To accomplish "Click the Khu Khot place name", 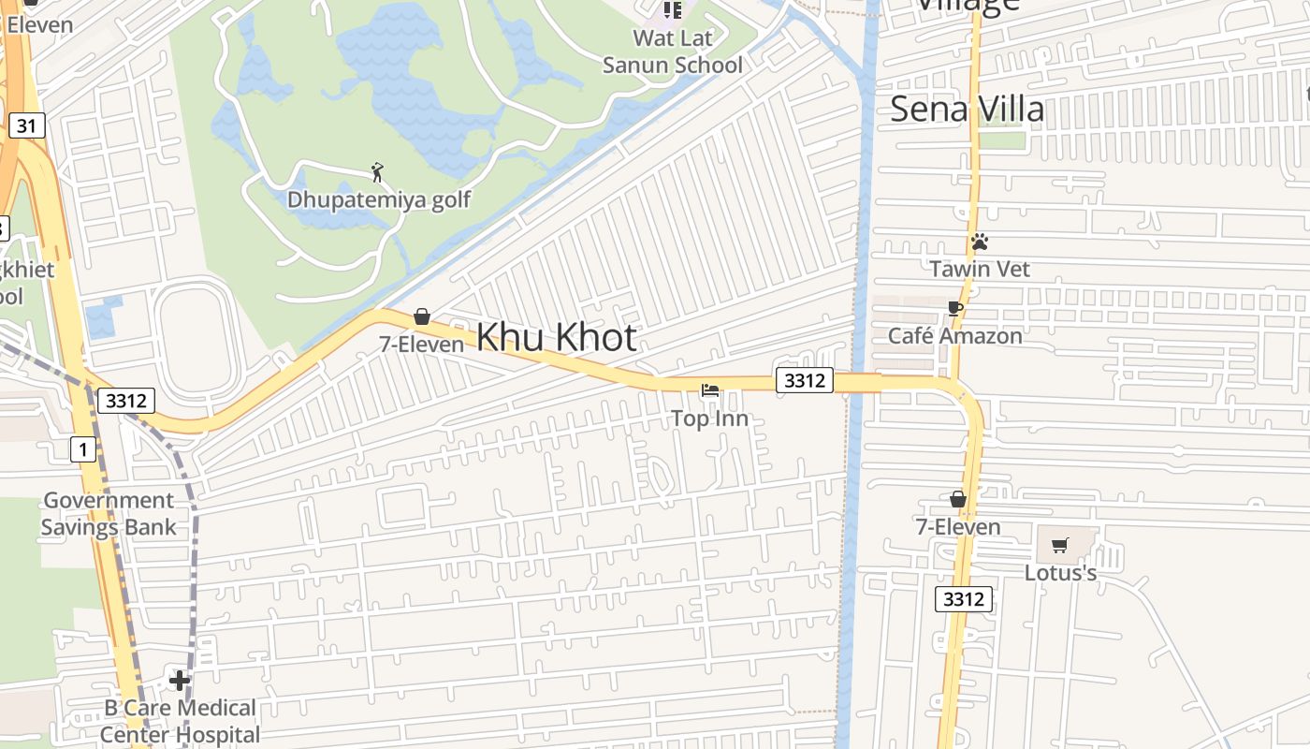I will (x=557, y=338).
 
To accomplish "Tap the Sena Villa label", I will (x=967, y=109).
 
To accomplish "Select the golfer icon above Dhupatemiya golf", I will (x=377, y=172).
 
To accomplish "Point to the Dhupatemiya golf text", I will (x=378, y=199).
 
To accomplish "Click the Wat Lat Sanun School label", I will (x=673, y=51).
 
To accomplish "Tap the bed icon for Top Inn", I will (x=710, y=390).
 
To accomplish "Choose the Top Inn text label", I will (x=710, y=419).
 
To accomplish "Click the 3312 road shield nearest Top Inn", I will (x=805, y=380).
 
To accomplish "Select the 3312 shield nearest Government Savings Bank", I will (x=125, y=401).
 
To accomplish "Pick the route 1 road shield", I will (x=83, y=449).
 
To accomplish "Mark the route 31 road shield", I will (x=28, y=125).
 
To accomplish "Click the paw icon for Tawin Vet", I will (x=980, y=242).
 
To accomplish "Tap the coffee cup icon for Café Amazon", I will (x=955, y=308).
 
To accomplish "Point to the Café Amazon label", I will (x=955, y=335).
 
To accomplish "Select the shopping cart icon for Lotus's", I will (x=1060, y=545).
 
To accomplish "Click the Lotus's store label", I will (x=1060, y=572).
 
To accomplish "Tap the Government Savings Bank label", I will (x=109, y=513).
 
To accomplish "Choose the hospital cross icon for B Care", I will (x=180, y=680).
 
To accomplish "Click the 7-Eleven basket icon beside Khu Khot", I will (x=422, y=316).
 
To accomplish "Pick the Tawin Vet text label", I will (x=980, y=269).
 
